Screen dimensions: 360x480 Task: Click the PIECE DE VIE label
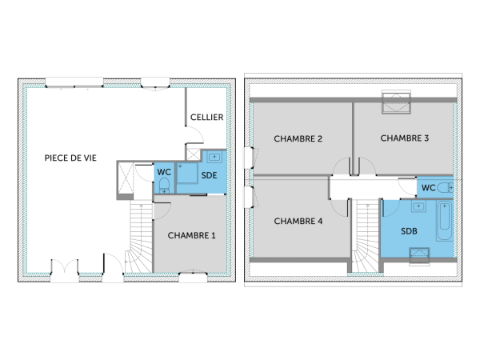click(x=71, y=158)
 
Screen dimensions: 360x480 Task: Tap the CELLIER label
click(x=206, y=118)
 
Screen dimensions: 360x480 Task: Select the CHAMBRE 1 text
click(x=191, y=235)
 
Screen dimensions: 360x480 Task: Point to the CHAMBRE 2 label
click(x=298, y=138)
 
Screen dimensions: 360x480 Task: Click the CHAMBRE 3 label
click(x=404, y=138)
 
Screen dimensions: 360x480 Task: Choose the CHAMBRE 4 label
click(x=298, y=220)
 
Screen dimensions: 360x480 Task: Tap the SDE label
click(x=209, y=174)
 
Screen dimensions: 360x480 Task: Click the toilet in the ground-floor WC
click(x=163, y=186)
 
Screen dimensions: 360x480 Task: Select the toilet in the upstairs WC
click(x=447, y=186)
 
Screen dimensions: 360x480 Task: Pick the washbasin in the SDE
click(x=214, y=157)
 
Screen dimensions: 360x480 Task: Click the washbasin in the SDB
click(x=418, y=206)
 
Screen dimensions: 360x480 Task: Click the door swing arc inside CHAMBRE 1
click(x=161, y=210)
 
